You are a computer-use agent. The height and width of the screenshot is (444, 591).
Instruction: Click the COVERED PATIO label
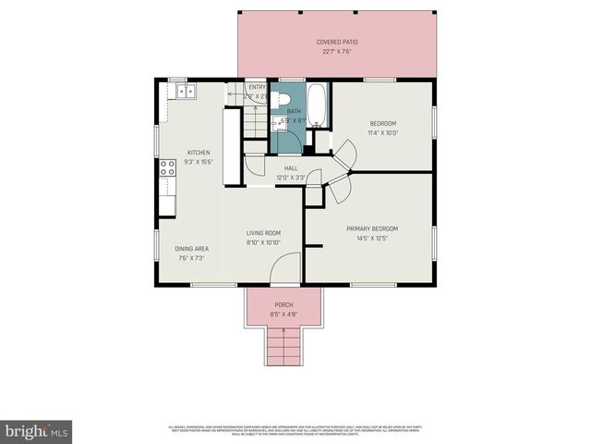click(337, 43)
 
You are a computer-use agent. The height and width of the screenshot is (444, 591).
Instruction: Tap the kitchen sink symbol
click(187, 90)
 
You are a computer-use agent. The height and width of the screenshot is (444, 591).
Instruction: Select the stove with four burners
click(168, 167)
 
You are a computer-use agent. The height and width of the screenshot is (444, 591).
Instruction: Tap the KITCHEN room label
click(199, 153)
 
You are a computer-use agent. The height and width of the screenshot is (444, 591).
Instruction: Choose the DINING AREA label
click(192, 248)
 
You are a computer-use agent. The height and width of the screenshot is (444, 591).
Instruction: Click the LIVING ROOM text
click(263, 233)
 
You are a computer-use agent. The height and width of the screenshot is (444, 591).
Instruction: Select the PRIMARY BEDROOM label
click(372, 228)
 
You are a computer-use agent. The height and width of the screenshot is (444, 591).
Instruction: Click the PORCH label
click(284, 305)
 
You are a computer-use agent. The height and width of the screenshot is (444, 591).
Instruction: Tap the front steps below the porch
click(283, 349)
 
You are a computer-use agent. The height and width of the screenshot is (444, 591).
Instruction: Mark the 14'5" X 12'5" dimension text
click(372, 239)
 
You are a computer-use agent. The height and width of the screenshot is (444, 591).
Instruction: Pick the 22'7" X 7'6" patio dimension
click(337, 52)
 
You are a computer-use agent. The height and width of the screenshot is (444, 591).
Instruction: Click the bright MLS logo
click(36, 430)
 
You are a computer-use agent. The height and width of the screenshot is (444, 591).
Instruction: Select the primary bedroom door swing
click(338, 190)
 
